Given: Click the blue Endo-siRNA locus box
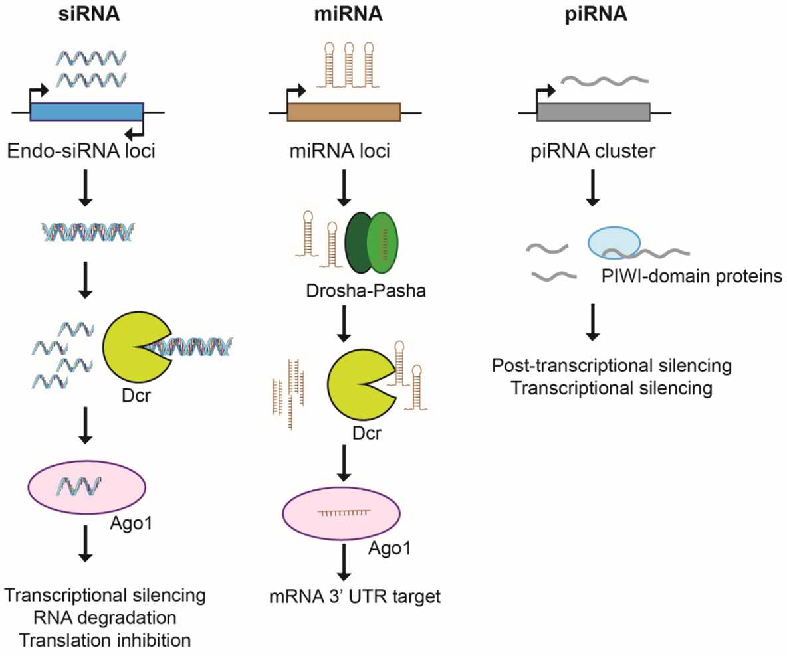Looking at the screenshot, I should (x=86, y=112).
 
